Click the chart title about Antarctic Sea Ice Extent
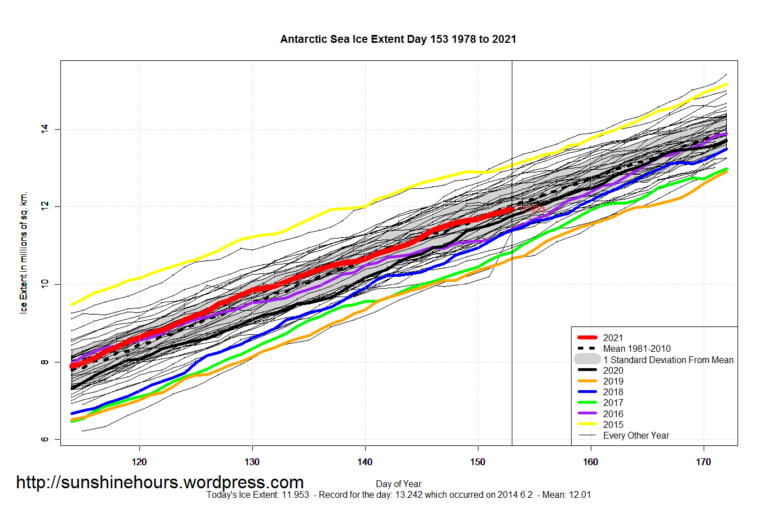[398, 39]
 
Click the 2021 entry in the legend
[613, 338]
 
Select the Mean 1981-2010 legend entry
[636, 348]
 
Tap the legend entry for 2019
[613, 381]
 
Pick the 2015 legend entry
[613, 425]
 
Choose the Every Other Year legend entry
[636, 435]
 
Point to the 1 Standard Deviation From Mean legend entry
[668, 360]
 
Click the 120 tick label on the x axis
[139, 462]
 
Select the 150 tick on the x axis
[477, 462]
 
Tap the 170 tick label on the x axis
[703, 462]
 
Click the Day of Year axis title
[398, 484]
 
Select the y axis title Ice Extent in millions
[24, 253]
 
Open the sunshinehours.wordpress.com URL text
[160, 483]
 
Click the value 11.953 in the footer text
[295, 495]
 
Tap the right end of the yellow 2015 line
[726, 85]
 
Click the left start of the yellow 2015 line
[72, 305]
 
